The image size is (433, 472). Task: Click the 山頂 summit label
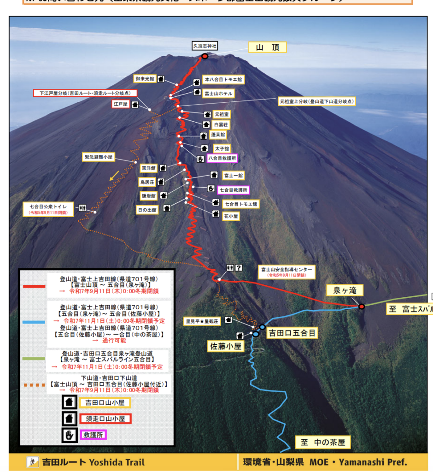[268, 47]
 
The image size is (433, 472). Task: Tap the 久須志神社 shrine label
[205, 46]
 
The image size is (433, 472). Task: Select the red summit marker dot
[205, 56]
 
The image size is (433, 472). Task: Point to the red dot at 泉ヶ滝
[362, 306]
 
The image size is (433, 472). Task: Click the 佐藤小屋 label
[224, 347]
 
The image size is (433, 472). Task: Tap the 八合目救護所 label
[222, 158]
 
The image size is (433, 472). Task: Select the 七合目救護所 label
[233, 189]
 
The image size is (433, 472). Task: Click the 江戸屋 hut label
[119, 104]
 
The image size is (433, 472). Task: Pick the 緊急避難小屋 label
[99, 157]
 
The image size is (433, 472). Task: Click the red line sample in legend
[34, 286]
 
